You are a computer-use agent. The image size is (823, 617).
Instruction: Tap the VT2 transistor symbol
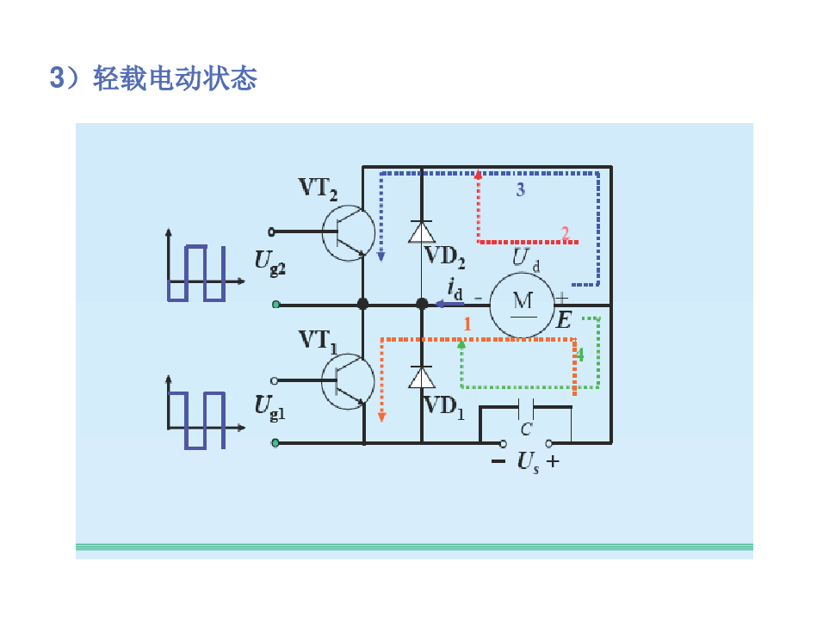click(348, 231)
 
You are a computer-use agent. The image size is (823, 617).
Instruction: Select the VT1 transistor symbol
click(347, 379)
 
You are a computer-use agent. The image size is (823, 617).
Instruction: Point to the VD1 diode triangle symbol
click(421, 378)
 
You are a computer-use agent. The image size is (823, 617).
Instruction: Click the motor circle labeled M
click(523, 303)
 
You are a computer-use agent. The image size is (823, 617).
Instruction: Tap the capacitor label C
click(526, 428)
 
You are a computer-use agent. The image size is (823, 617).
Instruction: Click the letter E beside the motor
click(564, 321)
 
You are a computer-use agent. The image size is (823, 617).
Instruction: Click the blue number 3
click(520, 190)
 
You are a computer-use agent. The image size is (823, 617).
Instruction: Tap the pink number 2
click(566, 232)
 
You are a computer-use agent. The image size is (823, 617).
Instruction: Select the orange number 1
click(467, 324)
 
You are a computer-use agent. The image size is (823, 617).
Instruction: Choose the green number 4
click(580, 354)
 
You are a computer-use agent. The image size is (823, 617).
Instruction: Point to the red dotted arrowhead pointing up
click(478, 174)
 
